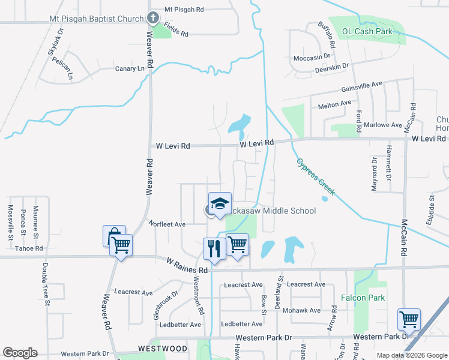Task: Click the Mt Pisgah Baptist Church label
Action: pos(96,19)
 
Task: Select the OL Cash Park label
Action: pos(367,31)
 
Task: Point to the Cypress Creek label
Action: pos(315,176)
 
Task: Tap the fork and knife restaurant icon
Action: pos(214,247)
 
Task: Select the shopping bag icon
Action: pos(113,236)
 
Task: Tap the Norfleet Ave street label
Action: pos(167,224)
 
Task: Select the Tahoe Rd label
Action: pos(29,248)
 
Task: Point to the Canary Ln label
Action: pos(130,69)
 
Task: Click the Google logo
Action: pos(20,353)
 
